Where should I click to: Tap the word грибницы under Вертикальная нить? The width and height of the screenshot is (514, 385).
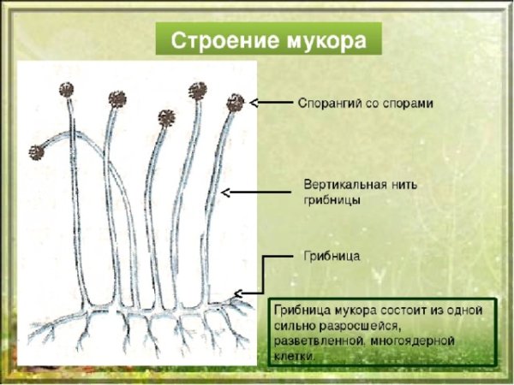(x=332, y=200)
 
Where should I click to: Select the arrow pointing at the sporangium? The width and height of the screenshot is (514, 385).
(x=272, y=104)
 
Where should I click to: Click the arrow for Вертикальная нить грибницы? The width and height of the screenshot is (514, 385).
(x=257, y=192)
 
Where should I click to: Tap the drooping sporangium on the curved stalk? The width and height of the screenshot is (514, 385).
(x=36, y=152)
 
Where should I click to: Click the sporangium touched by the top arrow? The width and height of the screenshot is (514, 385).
(x=235, y=104)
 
